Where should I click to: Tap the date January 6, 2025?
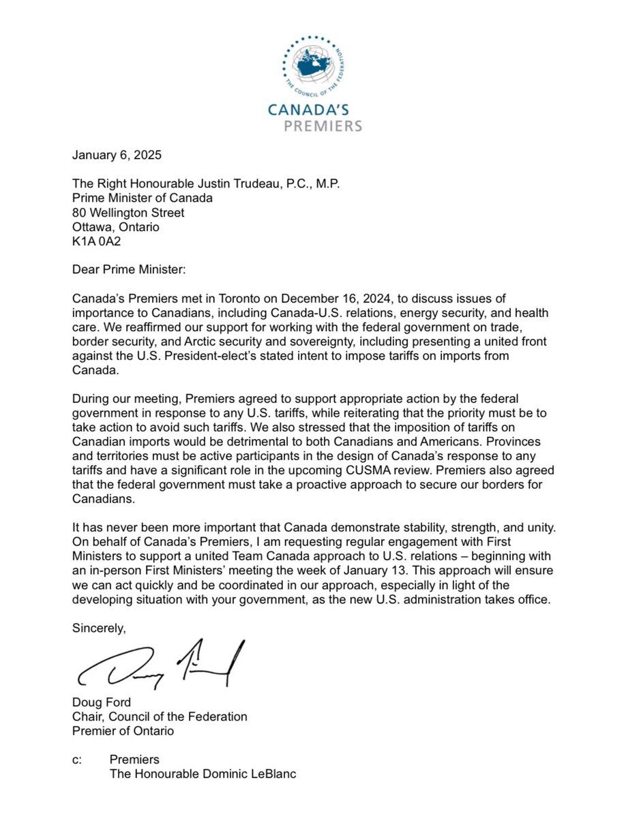(x=117, y=155)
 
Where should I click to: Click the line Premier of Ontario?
(x=123, y=731)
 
